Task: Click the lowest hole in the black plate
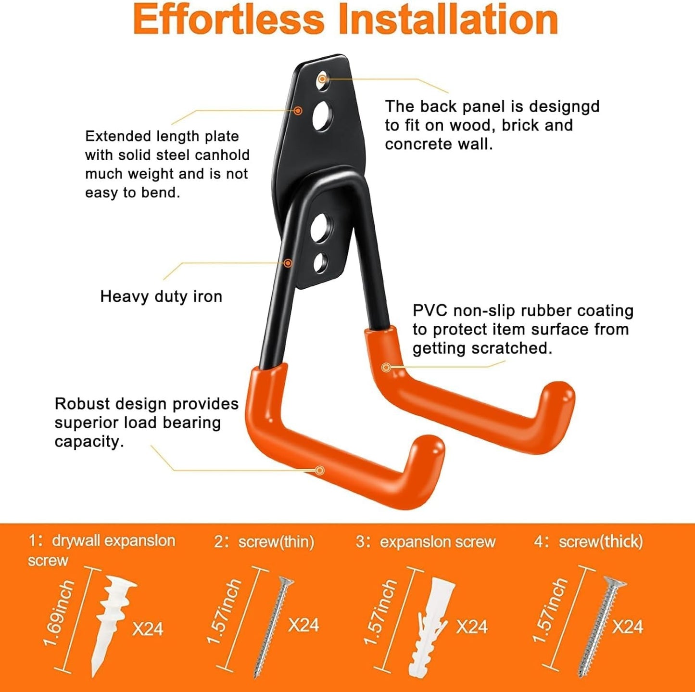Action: pos(320,263)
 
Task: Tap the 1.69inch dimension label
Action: pos(59,614)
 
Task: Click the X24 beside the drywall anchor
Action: pos(148,629)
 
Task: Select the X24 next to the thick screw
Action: pos(628,627)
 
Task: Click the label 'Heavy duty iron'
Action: pos(161,296)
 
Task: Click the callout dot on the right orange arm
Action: pos(386,368)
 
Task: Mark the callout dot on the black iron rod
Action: pos(288,263)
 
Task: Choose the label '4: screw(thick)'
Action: pos(588,542)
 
